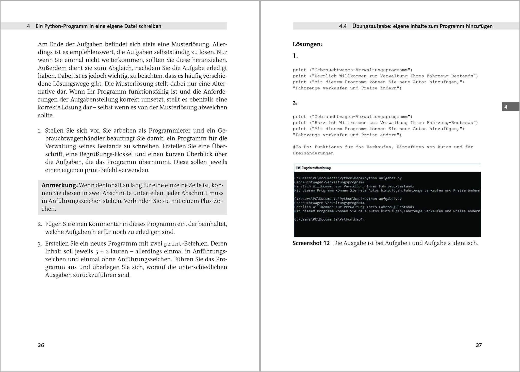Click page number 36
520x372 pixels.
tap(41, 345)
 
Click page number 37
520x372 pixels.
tap(479, 345)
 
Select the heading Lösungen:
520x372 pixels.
tap(307, 44)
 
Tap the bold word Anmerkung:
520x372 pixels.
tap(60, 185)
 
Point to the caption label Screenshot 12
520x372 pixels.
tap(311, 243)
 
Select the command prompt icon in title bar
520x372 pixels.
tap(298, 168)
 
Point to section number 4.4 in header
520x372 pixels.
tap(343, 26)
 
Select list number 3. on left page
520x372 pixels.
tap(40, 244)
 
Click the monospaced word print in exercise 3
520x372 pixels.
tap(173, 244)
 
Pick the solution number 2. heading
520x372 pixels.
tap(295, 103)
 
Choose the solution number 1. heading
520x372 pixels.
tap(295, 56)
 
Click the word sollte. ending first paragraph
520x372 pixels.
tap(46, 115)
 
